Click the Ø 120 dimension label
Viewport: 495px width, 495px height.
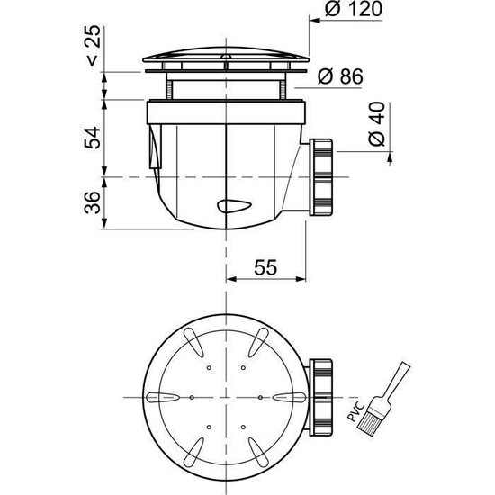point(354,9)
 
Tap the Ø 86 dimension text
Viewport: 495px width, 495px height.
point(340,76)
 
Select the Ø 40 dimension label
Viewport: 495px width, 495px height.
point(377,124)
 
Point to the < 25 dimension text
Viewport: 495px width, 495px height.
point(93,46)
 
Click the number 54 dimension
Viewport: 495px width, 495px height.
point(92,138)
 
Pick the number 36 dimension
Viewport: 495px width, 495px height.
point(92,202)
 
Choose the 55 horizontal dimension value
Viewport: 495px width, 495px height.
point(265,267)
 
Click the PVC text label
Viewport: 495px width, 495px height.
point(356,411)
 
